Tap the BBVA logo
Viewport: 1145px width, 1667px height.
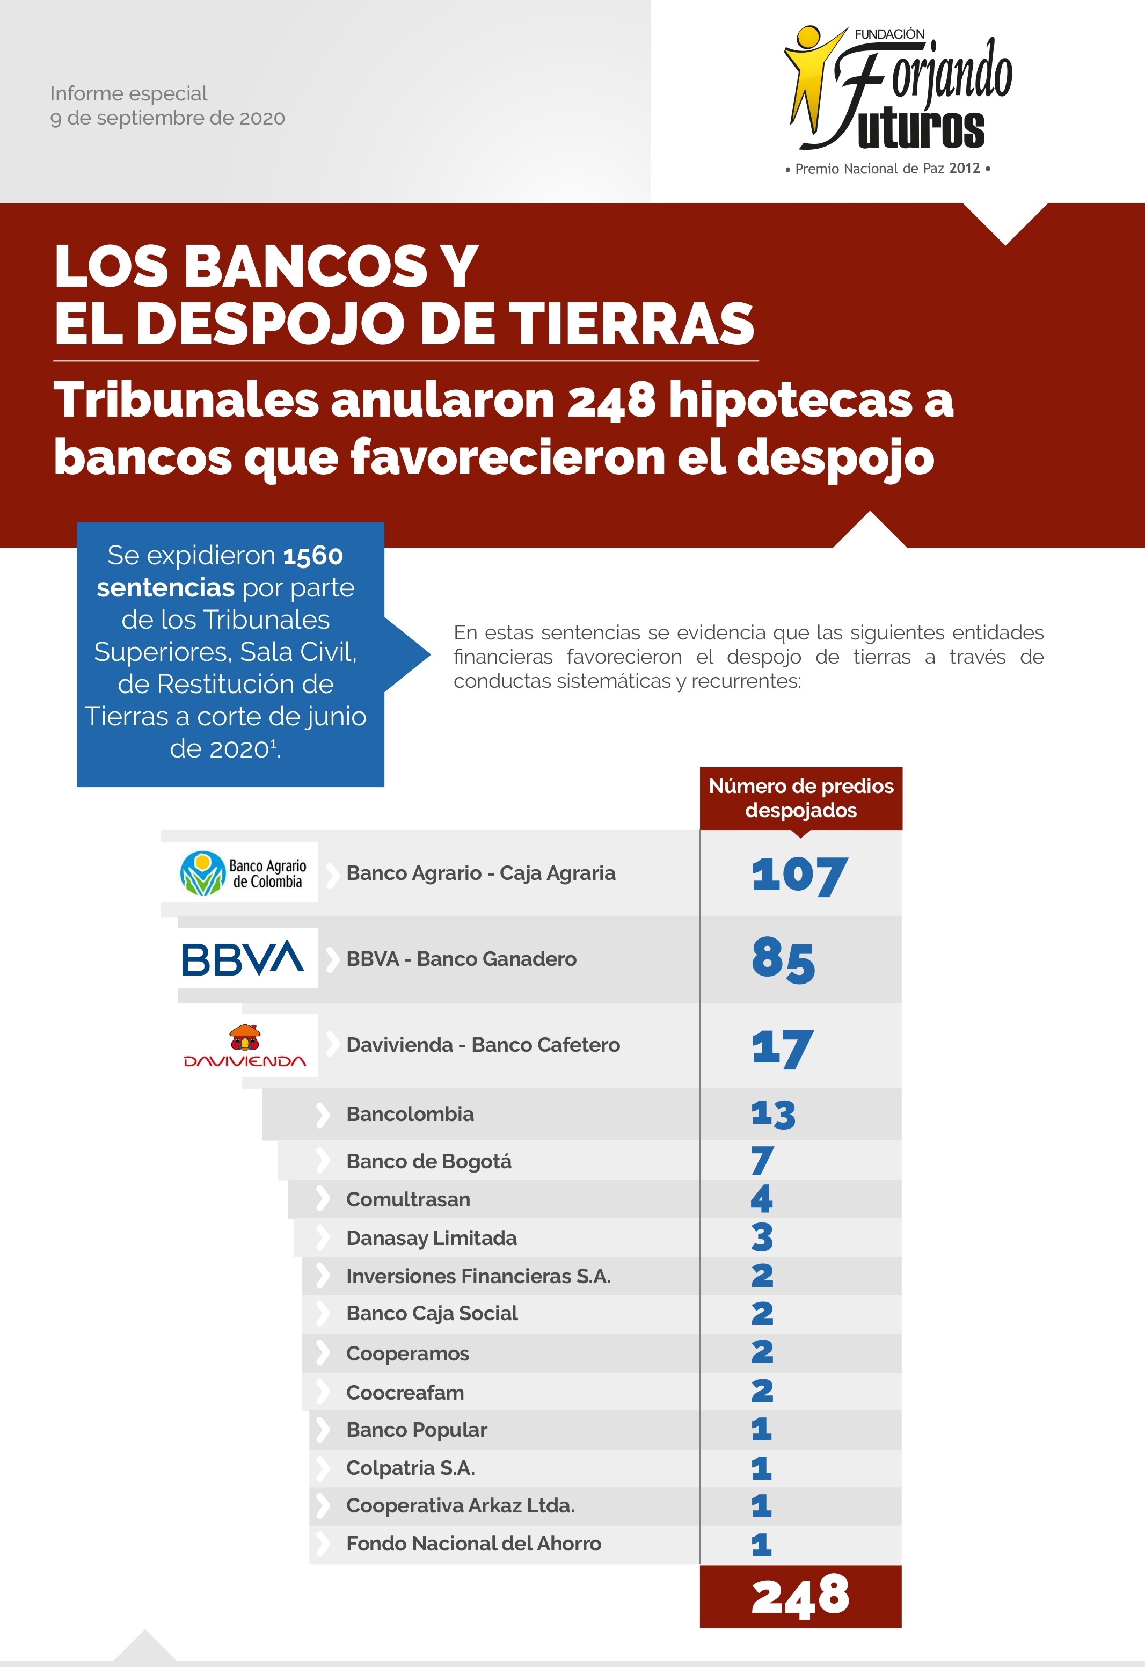click(x=243, y=958)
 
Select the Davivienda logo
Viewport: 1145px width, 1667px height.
click(x=245, y=1046)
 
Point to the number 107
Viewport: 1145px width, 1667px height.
click(x=799, y=875)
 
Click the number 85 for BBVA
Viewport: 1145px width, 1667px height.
click(x=783, y=960)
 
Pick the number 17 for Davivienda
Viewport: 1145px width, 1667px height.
click(x=782, y=1047)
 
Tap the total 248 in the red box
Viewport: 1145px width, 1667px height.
click(x=800, y=1597)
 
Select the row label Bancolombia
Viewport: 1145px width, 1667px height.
click(x=410, y=1114)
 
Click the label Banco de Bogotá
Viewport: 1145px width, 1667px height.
click(x=428, y=1161)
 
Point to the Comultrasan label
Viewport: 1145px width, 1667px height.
click(x=407, y=1199)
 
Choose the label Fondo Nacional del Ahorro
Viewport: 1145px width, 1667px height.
click(x=473, y=1544)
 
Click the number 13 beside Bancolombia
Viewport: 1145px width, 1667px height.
click(x=772, y=1114)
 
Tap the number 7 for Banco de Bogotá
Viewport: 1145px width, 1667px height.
click(x=762, y=1161)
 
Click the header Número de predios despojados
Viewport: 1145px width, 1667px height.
click(x=800, y=798)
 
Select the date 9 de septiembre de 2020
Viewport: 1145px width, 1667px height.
click(x=167, y=118)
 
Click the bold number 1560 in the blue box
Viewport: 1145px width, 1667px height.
click(x=313, y=555)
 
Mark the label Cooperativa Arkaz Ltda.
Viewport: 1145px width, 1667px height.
click(x=460, y=1505)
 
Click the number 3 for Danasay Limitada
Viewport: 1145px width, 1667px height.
click(x=762, y=1237)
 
